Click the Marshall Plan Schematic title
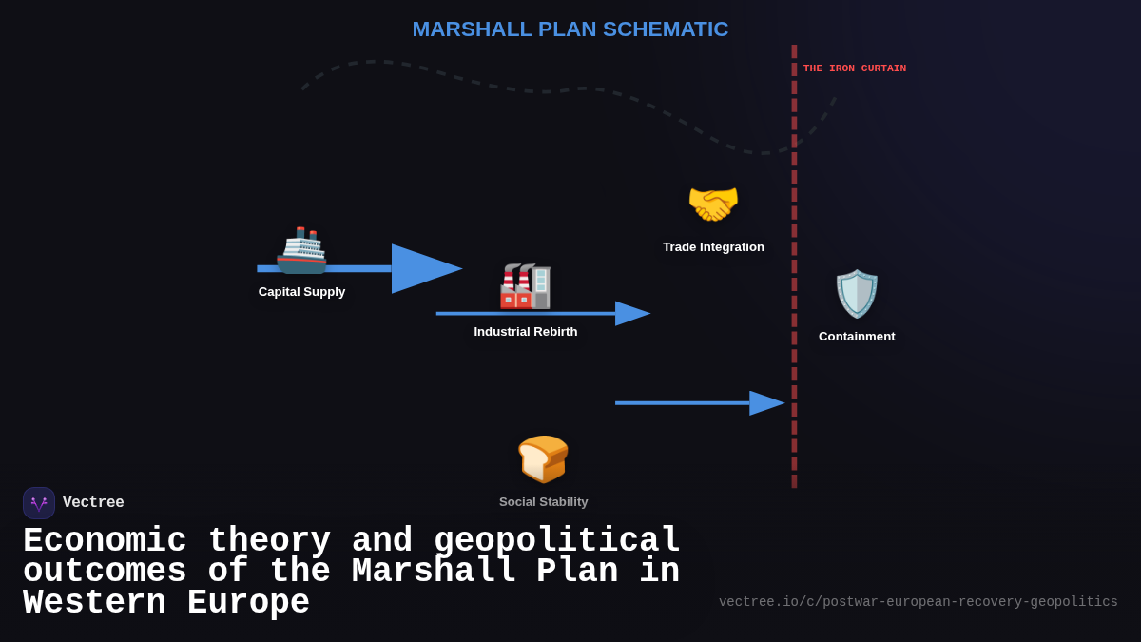(x=570, y=29)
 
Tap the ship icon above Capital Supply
(x=301, y=250)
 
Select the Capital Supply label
(x=301, y=292)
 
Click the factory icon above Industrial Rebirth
(x=526, y=286)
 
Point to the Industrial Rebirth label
(x=525, y=332)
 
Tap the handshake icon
(x=713, y=204)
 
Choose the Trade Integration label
(x=713, y=247)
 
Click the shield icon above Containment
(x=857, y=294)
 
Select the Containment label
(x=857, y=337)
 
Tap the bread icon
(x=543, y=459)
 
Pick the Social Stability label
(x=543, y=502)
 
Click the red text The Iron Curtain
(x=854, y=68)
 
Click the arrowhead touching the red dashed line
(x=766, y=403)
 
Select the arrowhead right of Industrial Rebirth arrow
(x=632, y=314)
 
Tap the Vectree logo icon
(x=39, y=503)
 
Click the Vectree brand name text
(x=93, y=503)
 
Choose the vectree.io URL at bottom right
(x=918, y=602)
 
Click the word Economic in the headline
(x=105, y=541)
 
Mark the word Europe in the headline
(x=248, y=604)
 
